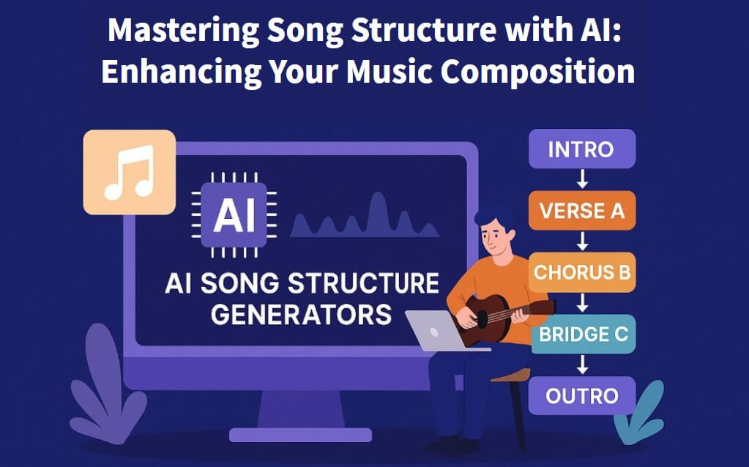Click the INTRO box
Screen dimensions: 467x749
581,149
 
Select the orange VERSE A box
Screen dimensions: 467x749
581,211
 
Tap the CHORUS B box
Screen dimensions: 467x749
581,272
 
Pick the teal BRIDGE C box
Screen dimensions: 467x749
583,335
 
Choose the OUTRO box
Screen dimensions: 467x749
581,396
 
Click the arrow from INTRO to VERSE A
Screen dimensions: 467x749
582,180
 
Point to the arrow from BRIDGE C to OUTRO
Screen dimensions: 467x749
582,365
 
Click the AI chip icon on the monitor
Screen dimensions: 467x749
234,214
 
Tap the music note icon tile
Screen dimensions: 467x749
129,172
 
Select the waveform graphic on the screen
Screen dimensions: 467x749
366,219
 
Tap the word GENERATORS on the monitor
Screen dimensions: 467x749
301,315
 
